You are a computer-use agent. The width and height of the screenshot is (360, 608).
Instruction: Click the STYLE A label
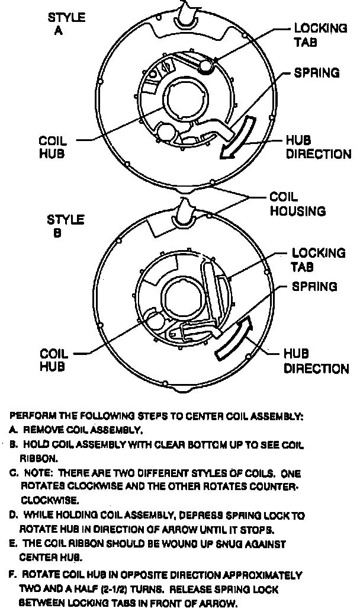coord(66,24)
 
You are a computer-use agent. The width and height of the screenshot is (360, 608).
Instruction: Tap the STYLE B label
coord(65,226)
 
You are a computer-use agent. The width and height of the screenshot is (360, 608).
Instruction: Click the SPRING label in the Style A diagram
coord(317,73)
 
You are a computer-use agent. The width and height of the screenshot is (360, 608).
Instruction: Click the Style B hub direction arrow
coord(233,339)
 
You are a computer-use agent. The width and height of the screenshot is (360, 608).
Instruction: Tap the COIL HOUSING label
coord(297,203)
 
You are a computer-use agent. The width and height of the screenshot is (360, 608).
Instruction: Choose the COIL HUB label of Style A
coord(53,148)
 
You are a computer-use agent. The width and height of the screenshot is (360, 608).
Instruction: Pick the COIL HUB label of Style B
coord(53,360)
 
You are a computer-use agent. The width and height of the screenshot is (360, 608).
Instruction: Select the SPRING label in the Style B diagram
coord(314,287)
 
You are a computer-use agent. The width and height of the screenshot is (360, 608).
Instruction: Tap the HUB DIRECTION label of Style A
coord(318,148)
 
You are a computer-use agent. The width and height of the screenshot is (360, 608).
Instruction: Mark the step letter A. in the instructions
coord(13,430)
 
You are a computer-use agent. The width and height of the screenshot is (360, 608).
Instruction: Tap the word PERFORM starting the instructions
coord(30,417)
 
